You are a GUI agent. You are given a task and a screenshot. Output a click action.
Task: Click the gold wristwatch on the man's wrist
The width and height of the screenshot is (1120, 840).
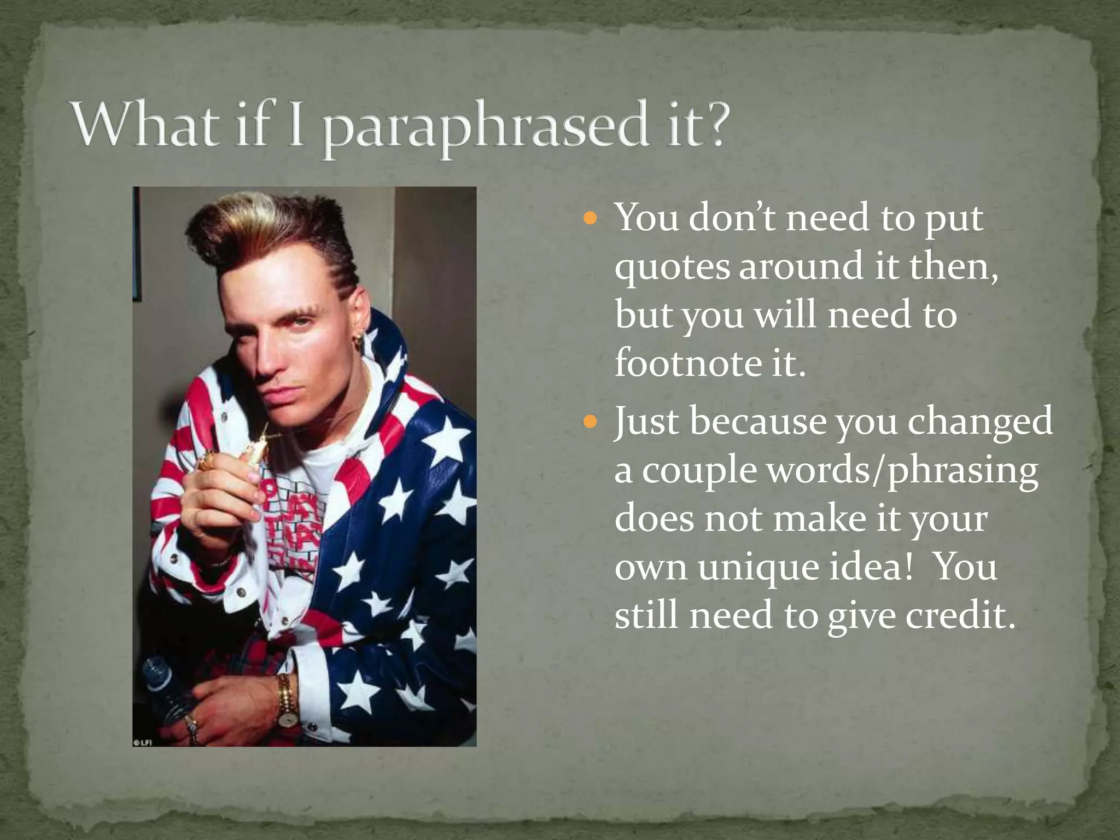285,702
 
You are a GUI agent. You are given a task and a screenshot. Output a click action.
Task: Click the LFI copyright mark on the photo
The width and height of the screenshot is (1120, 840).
143,742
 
